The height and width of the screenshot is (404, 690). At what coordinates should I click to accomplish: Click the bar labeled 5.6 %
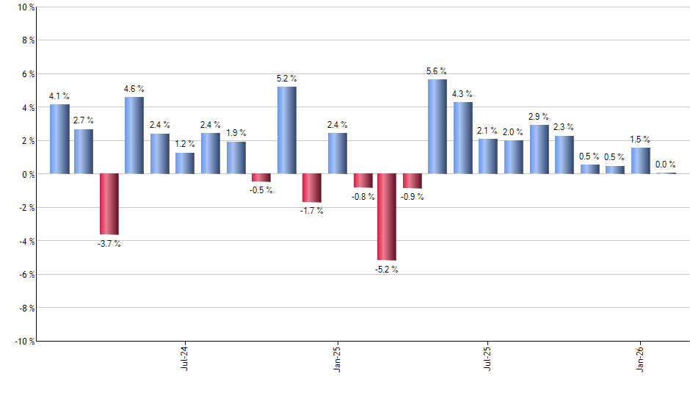[437, 126]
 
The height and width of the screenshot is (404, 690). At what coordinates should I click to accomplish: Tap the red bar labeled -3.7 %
[109, 204]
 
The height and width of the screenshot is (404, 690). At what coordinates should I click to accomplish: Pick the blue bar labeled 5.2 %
[287, 130]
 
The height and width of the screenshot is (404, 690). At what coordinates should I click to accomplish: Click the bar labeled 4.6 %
[134, 135]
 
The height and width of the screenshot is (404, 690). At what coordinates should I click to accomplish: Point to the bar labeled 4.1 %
[59, 139]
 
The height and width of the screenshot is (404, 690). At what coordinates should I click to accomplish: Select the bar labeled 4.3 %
[462, 138]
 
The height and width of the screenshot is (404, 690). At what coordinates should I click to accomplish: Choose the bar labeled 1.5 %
[640, 161]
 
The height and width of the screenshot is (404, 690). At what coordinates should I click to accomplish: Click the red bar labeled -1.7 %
[312, 188]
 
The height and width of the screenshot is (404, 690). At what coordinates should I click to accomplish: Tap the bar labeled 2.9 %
[539, 149]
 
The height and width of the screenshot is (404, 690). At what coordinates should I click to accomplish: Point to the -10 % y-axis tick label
[24, 341]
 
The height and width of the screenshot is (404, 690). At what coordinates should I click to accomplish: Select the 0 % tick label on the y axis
[28, 174]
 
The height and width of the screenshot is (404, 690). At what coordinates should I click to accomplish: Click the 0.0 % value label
[665, 165]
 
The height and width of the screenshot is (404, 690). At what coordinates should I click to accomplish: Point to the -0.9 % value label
[413, 197]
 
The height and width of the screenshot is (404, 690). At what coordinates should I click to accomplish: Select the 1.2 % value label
[184, 144]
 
